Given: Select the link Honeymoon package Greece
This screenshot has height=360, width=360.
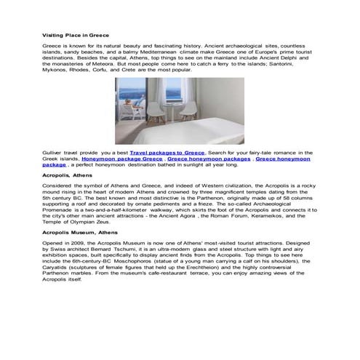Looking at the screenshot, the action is (121, 158).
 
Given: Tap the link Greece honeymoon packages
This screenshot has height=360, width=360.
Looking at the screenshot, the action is (209, 158).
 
